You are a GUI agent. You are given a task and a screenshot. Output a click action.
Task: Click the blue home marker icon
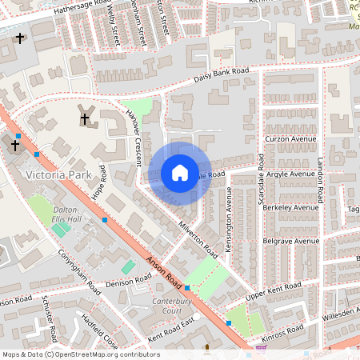tap(180, 173)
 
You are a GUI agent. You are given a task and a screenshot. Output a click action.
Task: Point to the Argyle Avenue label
tap(290, 173)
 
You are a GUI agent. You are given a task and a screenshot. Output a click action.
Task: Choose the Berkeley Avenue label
tap(291, 206)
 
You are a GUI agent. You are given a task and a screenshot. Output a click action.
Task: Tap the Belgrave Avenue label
tap(292, 240)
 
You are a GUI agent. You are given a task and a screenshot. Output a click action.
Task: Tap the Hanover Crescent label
tap(133, 138)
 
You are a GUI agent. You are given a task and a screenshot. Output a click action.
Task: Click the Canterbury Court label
tap(161, 306)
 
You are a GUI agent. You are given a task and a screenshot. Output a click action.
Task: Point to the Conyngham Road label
tap(78, 270)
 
